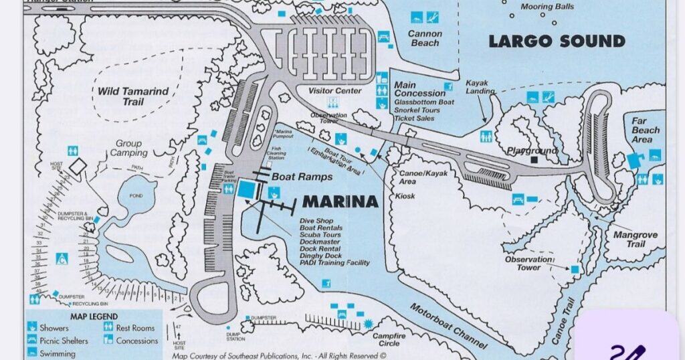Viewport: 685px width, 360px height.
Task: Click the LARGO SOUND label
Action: [557, 41]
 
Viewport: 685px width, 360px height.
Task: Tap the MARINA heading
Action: [340, 201]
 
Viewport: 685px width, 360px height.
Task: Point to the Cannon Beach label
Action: [425, 38]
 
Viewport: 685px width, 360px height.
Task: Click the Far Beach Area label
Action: [646, 130]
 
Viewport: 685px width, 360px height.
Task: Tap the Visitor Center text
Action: [334, 91]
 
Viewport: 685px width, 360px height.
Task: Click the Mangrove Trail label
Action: [635, 240]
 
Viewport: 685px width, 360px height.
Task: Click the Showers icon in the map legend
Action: [32, 328]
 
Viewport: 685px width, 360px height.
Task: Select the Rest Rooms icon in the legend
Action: [108, 328]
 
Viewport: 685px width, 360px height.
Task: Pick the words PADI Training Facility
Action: [334, 263]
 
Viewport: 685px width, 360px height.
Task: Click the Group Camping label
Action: [128, 148]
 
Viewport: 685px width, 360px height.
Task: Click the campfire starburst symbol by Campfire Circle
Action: [367, 325]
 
